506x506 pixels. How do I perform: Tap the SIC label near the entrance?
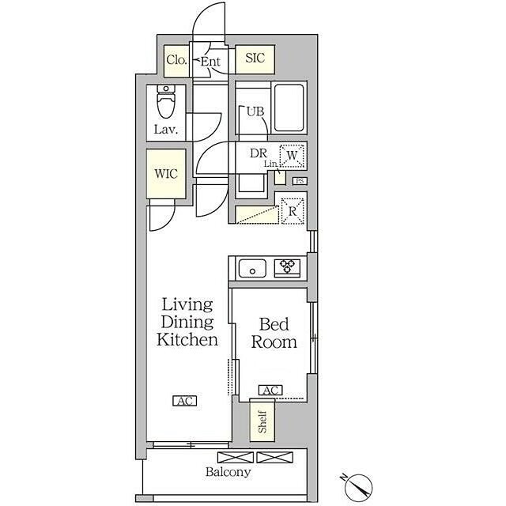pos(255,58)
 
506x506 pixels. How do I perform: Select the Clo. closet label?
pos(176,60)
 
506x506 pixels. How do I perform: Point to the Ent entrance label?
pos(210,62)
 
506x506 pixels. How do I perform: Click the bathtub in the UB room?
pos(289,108)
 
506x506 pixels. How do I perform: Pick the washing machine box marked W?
pos(292,156)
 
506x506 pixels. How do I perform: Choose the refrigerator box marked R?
pos(293,211)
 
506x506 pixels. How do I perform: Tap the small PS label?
pos(300,181)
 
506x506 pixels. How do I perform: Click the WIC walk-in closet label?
pos(166,174)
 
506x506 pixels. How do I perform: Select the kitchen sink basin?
pos(252,269)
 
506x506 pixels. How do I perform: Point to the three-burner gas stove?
pos(287,268)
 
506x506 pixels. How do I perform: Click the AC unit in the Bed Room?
pos(270,390)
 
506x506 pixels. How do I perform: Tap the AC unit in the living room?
pos(185,401)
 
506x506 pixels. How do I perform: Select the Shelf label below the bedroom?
pos(262,421)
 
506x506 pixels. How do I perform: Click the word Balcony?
pos(228,472)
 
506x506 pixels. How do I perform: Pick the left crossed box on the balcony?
pos(236,457)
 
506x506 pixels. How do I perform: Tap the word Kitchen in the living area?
pos(187,340)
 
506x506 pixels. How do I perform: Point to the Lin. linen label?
pos(270,164)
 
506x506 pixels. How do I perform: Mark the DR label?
pos(259,153)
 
